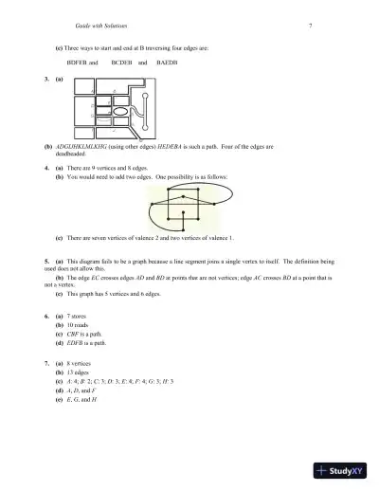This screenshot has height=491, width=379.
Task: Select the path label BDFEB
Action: coord(82,61)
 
